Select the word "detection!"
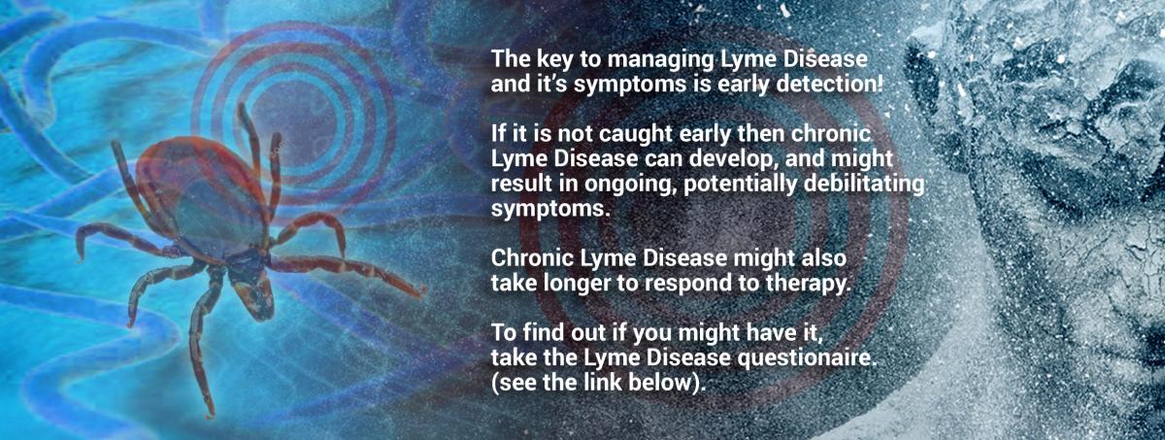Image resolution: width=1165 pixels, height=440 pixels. coord(829,84)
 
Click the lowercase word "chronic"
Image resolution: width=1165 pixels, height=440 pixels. coord(831,134)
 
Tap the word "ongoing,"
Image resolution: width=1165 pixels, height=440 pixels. coord(629,186)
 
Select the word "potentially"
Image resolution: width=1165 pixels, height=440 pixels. coord(740,186)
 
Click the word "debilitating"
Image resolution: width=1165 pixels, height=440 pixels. coord(864,186)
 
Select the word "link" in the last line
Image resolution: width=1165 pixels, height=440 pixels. coord(603,383)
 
